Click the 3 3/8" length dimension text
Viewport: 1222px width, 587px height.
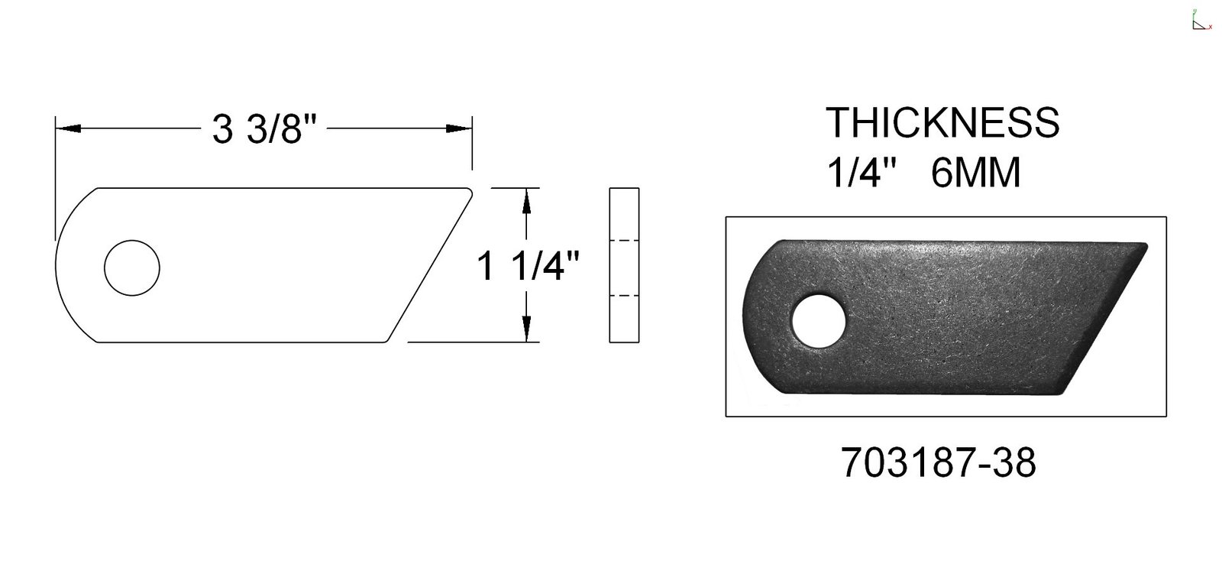tap(264, 129)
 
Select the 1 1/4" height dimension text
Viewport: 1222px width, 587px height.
tap(528, 266)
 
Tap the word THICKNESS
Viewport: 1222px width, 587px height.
tap(942, 122)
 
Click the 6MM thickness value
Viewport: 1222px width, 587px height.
tap(975, 173)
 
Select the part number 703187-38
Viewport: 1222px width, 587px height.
tap(938, 462)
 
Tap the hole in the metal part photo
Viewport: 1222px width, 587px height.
tap(818, 322)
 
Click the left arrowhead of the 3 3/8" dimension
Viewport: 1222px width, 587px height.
tap(69, 129)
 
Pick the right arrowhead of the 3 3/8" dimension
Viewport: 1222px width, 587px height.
tap(459, 129)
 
